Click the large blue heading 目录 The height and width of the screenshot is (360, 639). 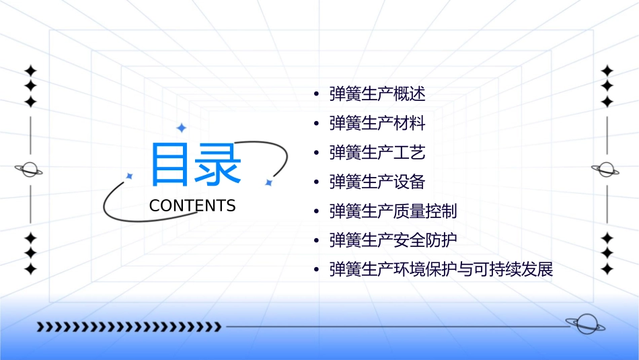click(x=195, y=165)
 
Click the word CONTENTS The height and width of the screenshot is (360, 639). click(x=192, y=206)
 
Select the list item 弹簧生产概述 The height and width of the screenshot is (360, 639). click(x=377, y=94)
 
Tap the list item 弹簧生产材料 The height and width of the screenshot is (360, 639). click(x=377, y=123)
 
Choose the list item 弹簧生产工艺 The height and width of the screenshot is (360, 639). click(x=377, y=153)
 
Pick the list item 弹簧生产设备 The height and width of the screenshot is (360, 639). click(x=377, y=182)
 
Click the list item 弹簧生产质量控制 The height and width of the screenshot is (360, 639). click(x=393, y=211)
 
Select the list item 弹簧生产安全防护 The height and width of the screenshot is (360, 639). click(x=393, y=240)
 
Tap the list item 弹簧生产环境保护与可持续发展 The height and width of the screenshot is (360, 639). click(x=441, y=270)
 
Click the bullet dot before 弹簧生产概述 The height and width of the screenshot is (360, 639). click(x=316, y=94)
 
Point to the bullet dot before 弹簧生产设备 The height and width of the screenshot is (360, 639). click(x=316, y=182)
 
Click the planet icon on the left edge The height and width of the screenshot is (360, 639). click(x=30, y=170)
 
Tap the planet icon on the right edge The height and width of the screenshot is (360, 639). click(x=607, y=170)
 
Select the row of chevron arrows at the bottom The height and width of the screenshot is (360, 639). click(x=129, y=327)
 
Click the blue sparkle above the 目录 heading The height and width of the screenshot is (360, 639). click(x=181, y=127)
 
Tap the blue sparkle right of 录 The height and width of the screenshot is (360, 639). click(x=268, y=182)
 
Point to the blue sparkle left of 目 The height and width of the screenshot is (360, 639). click(x=129, y=176)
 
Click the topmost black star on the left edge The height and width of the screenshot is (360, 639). click(x=30, y=71)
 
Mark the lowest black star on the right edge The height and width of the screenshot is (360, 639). click(x=607, y=268)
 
